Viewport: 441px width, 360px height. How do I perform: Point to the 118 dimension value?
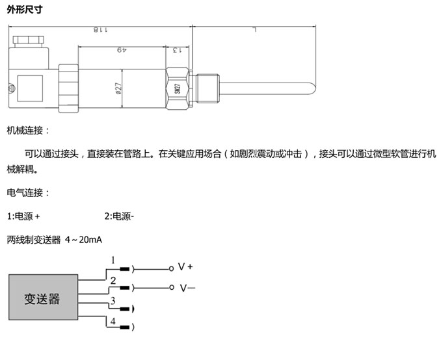(99, 30)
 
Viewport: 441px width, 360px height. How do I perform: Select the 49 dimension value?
(121, 50)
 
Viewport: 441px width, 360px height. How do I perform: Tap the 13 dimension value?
(174, 50)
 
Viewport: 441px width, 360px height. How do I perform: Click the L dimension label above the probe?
(255, 30)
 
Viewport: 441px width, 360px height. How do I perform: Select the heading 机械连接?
(27, 131)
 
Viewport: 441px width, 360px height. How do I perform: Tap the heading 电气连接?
(27, 193)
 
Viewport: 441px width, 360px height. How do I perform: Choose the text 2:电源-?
(119, 216)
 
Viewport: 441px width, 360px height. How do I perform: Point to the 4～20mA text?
(84, 240)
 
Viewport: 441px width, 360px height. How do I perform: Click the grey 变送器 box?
(42, 298)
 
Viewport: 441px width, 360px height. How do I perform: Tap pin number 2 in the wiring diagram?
(113, 281)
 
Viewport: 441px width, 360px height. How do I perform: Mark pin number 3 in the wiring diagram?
(113, 301)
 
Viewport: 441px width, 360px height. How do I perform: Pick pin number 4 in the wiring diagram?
(113, 322)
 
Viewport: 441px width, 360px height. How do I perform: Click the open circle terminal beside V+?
(172, 268)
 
